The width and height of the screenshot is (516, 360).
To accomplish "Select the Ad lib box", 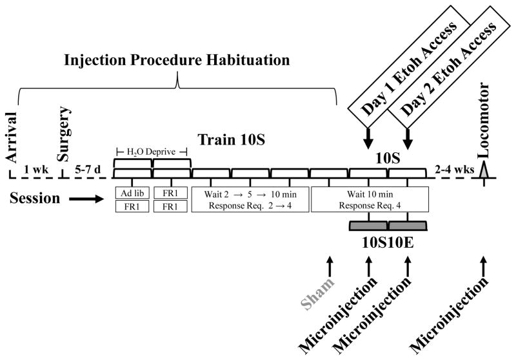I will (132, 192).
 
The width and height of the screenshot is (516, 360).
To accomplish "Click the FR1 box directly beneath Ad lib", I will (132, 206).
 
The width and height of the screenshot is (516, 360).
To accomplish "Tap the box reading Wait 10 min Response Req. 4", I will (370, 199).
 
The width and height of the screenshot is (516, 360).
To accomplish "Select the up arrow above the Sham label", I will (330, 266).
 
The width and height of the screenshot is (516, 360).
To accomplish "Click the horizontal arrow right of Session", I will (85, 199).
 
